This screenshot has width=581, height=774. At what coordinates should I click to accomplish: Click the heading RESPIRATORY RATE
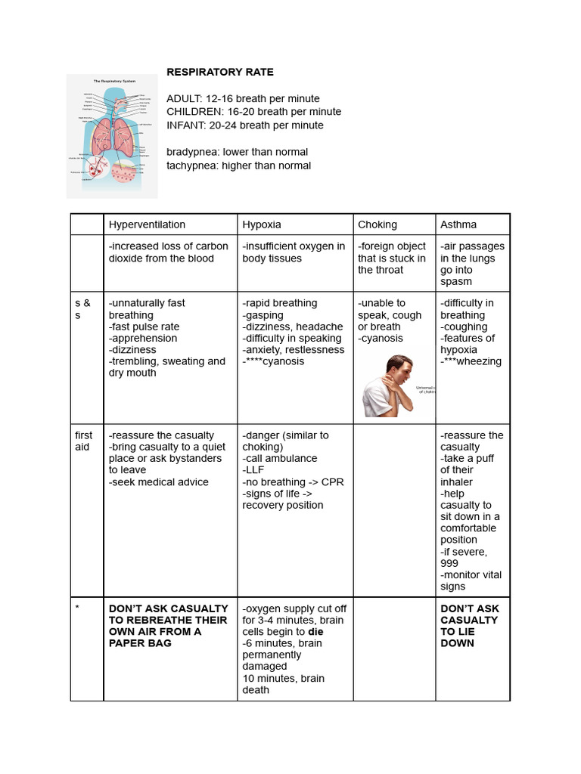[x=220, y=73]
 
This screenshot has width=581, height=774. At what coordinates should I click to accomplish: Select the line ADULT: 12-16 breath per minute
[x=243, y=99]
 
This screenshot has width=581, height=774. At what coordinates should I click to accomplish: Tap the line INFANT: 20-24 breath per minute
[x=244, y=125]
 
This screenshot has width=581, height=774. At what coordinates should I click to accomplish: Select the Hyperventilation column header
[x=147, y=224]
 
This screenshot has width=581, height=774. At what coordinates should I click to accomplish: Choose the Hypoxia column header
[x=262, y=224]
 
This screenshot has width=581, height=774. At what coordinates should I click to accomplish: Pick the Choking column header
[x=377, y=224]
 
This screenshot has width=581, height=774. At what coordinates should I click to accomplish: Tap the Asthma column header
[x=458, y=224]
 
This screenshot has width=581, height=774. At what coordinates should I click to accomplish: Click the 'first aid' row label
[x=84, y=441]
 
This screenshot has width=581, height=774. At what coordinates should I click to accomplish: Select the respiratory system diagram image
[x=112, y=136]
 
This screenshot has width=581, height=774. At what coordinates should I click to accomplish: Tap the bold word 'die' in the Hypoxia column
[x=315, y=632]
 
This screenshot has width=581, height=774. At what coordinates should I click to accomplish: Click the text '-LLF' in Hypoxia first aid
[x=253, y=470]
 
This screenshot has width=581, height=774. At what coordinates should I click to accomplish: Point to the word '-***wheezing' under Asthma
[x=471, y=361]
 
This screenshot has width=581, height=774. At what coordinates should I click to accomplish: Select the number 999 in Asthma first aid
[x=450, y=563]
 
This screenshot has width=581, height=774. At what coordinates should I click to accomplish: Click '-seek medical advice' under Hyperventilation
[x=159, y=482]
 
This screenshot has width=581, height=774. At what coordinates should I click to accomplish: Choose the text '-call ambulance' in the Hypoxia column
[x=280, y=458]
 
